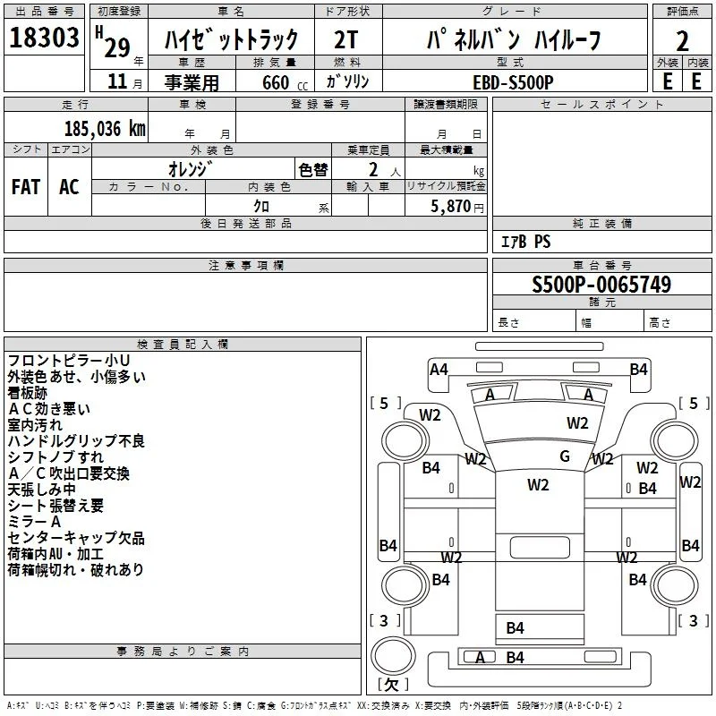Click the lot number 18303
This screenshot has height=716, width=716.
[44, 38]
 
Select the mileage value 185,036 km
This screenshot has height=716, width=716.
[105, 129]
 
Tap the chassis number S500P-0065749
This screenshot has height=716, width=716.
[601, 284]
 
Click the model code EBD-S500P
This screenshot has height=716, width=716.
[513, 82]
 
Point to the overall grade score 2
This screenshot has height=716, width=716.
[682, 41]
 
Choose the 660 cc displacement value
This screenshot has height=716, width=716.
[285, 82]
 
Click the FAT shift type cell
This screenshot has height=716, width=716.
[26, 187]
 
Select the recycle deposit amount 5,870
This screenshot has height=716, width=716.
[451, 207]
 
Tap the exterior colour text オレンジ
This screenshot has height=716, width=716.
[191, 169]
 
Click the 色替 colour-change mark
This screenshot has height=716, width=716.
[313, 170]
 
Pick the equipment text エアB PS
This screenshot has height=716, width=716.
[525, 242]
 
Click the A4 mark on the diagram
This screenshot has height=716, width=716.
[439, 369]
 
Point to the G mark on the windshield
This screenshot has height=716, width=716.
[565, 456]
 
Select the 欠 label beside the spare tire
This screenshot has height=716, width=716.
[392, 684]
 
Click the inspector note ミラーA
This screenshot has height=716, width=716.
[34, 522]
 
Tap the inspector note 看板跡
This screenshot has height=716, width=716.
[28, 393]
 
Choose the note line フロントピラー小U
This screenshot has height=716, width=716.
[69, 361]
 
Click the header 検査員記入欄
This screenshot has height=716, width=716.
[183, 345]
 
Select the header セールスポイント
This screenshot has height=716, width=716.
[601, 105]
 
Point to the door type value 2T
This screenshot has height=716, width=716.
[345, 39]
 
